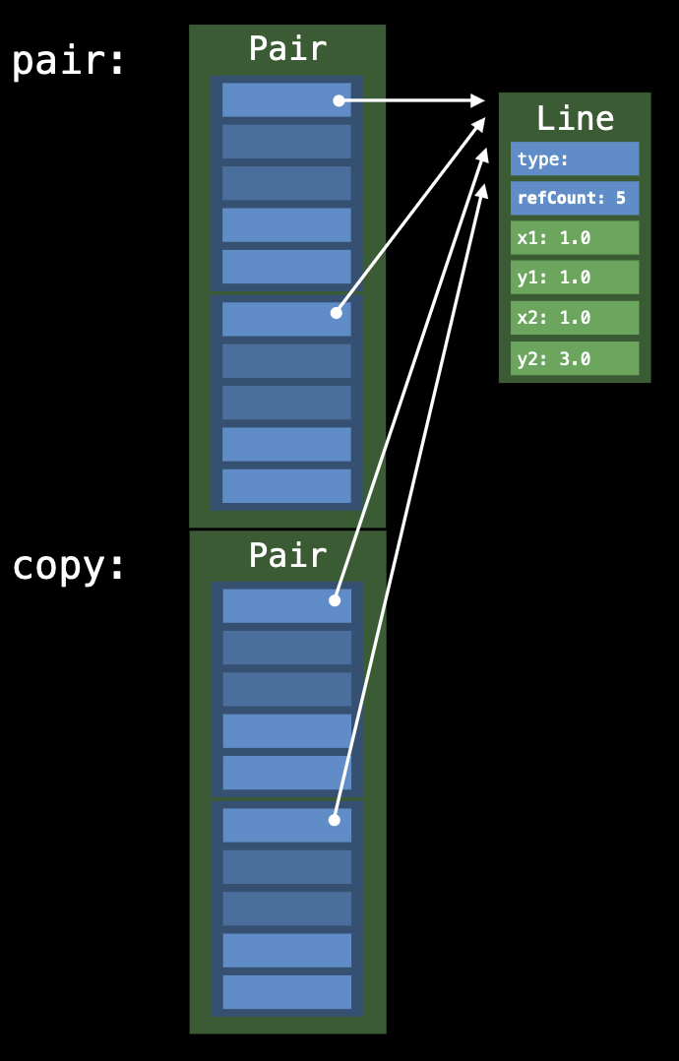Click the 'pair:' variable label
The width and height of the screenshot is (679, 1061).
[x=69, y=61]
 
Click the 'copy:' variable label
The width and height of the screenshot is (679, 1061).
[x=69, y=566]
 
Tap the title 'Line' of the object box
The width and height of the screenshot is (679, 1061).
[x=575, y=118]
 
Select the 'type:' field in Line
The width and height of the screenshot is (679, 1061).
[x=575, y=158]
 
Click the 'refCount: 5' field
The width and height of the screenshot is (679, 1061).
[x=575, y=198]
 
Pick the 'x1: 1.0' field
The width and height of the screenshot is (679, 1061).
[x=575, y=238]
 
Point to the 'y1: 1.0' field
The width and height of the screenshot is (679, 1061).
[x=575, y=278]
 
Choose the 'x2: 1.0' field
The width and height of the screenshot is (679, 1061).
[x=575, y=318]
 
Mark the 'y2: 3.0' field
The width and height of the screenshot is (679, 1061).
[x=575, y=358]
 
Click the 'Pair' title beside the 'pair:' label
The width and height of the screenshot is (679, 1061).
[x=287, y=48]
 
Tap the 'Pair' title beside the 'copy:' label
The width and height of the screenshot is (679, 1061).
[x=287, y=555]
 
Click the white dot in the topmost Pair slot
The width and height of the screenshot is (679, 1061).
[x=339, y=100]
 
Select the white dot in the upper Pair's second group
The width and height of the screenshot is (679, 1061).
[x=337, y=313]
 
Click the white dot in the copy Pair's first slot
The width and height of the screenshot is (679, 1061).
[x=335, y=599]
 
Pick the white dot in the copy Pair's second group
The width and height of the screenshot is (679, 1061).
[x=335, y=820]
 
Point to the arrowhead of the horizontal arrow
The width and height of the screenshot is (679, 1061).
[x=478, y=100]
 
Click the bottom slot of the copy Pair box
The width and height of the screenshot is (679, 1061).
[x=286, y=991]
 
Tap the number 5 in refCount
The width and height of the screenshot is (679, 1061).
[x=621, y=198]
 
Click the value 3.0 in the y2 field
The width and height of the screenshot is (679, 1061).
[x=575, y=359]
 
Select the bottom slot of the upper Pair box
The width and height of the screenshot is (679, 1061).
[x=286, y=486]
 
